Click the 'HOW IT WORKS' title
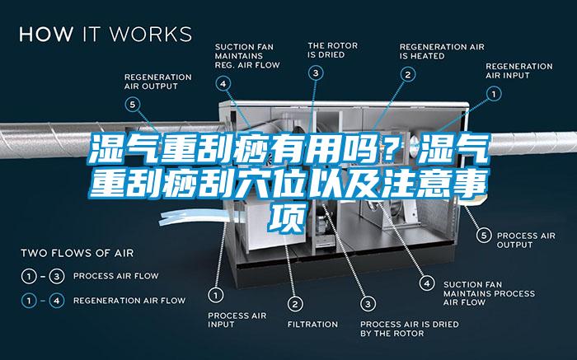[x=106, y=34]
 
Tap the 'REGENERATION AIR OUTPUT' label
[x=158, y=82]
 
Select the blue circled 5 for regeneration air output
[x=132, y=105]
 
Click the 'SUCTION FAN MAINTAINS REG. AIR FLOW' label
[x=247, y=56]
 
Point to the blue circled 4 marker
[x=223, y=84]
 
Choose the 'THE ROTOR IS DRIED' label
[x=333, y=50]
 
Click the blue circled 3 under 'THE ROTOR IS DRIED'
[x=316, y=72]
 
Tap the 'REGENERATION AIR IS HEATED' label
[x=442, y=51]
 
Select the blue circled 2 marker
[x=408, y=75]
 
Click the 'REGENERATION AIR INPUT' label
[x=518, y=71]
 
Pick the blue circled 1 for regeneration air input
[x=494, y=94]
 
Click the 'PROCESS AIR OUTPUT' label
[x=526, y=240]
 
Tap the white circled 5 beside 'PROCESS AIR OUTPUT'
[x=484, y=236]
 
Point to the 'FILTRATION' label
[x=312, y=325]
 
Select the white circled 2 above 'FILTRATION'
[x=295, y=304]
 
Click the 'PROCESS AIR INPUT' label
[x=237, y=320]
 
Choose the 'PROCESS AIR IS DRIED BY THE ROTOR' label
[x=410, y=329]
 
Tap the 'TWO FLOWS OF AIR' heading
[x=77, y=253]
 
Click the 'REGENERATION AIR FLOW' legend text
[x=129, y=301]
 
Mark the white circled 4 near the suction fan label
[x=427, y=283]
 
